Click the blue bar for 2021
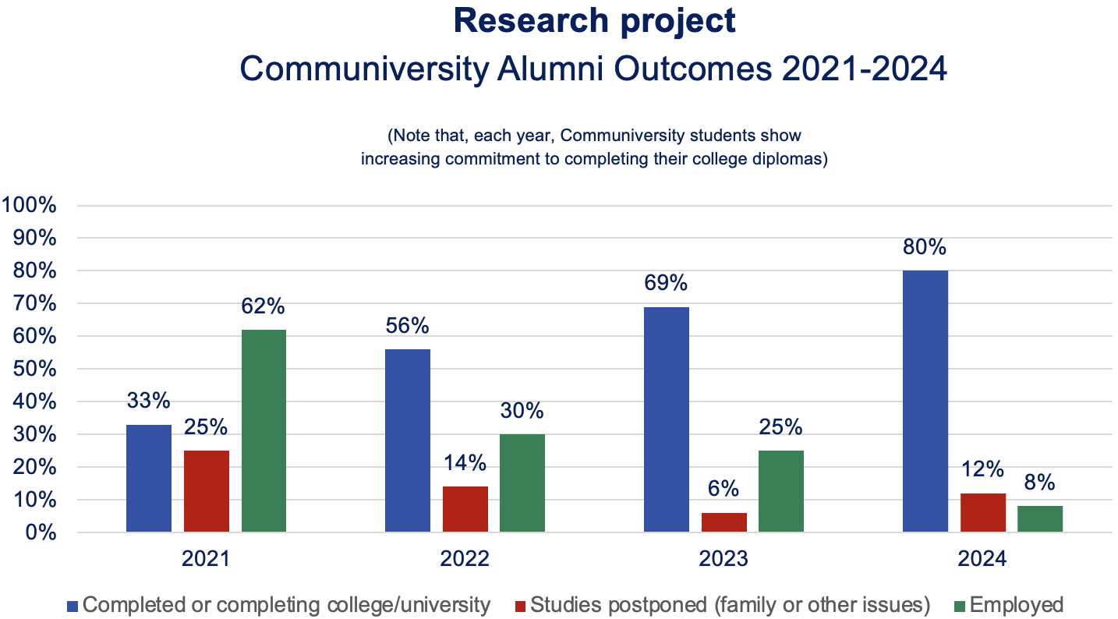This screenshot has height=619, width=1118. (149, 479)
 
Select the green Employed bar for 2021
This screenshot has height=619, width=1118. (264, 431)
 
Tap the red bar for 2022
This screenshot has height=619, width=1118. (465, 509)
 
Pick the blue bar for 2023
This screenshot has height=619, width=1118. (667, 419)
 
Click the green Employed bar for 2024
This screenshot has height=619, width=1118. (1040, 519)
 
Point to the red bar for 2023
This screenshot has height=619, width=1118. (724, 522)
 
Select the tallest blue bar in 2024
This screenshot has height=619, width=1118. (925, 401)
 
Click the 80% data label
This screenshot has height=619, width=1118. (925, 247)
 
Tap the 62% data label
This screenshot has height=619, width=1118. (264, 306)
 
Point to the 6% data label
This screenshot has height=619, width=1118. (724, 489)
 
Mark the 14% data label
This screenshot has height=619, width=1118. (465, 462)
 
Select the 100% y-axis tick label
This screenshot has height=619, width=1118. (29, 205)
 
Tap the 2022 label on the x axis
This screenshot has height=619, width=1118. (465, 559)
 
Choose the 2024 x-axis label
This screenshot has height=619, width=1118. (982, 559)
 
